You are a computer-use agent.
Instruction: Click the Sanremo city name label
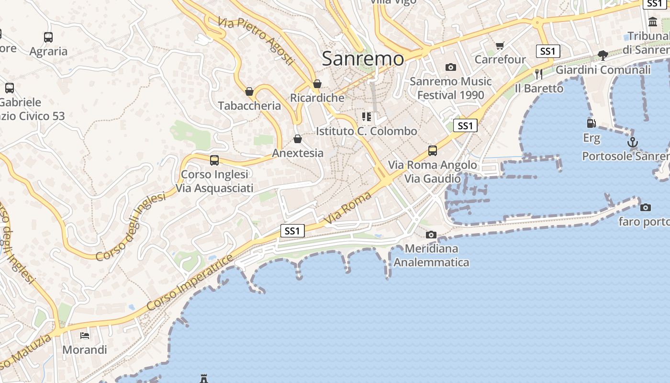tap(363, 58)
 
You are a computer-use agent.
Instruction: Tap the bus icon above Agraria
tap(48, 37)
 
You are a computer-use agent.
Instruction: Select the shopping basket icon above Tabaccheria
tap(249, 91)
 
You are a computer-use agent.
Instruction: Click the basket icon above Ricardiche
tap(317, 84)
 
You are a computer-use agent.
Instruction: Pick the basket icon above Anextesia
tap(298, 139)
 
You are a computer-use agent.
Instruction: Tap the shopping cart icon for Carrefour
tap(500, 45)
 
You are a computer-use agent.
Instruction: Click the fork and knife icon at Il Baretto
tap(539, 74)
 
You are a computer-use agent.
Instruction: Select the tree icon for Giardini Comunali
tap(603, 56)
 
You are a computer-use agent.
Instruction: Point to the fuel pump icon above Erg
tap(592, 124)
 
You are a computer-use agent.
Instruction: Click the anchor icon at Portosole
tap(633, 142)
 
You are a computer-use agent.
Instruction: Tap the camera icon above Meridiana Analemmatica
tap(431, 235)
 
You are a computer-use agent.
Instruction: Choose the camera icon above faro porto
tap(646, 207)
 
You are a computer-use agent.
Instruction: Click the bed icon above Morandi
tap(85, 336)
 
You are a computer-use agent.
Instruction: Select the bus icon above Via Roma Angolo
tap(433, 151)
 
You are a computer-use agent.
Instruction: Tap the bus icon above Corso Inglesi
tap(214, 160)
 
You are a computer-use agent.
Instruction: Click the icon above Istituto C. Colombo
tap(367, 117)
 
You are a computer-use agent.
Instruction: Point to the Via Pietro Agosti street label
tap(256, 41)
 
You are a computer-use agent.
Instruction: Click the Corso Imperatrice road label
tap(190, 282)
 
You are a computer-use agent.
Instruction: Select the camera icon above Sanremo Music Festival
tap(451, 68)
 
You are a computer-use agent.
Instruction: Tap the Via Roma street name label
tap(348, 208)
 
